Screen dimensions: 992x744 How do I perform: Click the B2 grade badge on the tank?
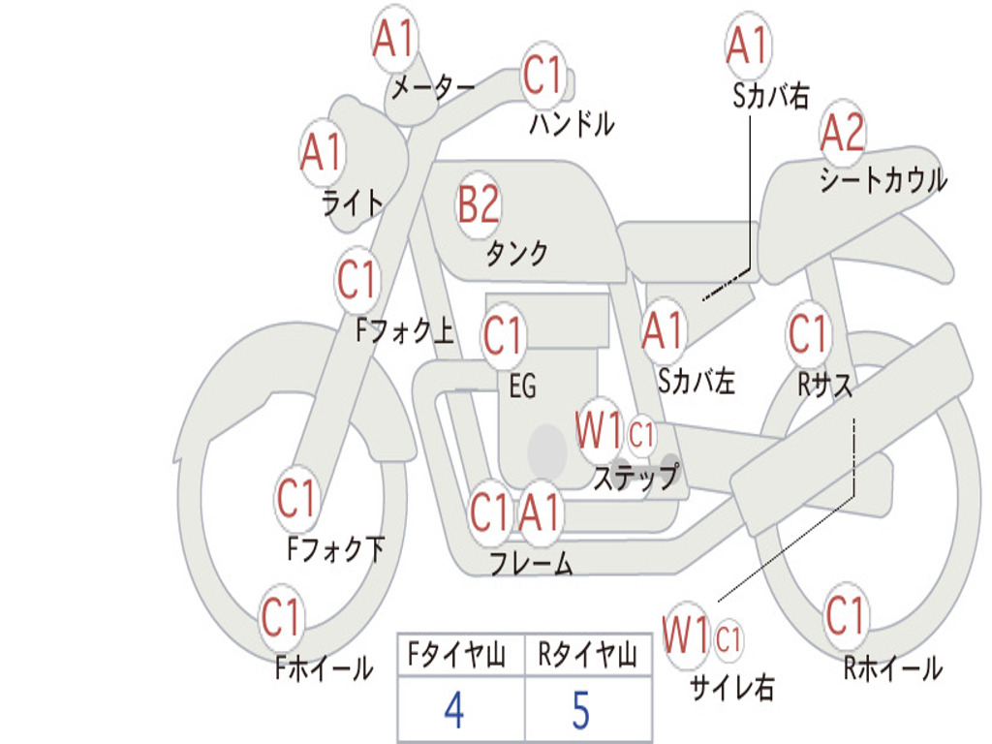tap(479, 204)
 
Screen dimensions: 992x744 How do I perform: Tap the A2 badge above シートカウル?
tap(842, 133)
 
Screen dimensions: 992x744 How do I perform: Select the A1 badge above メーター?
tap(393, 38)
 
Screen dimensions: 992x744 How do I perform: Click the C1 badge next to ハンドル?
tap(542, 74)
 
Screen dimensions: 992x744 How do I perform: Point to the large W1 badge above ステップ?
tap(599, 431)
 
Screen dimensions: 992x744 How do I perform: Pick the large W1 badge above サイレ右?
tap(687, 635)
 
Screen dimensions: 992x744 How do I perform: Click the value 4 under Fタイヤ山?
tap(454, 709)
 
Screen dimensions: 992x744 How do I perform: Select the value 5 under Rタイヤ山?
tap(581, 709)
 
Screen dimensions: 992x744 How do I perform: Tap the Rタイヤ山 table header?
tap(588, 655)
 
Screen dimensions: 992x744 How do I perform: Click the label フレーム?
tap(532, 563)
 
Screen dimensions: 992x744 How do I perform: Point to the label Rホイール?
tap(892, 668)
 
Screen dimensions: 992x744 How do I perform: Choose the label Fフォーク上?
tap(405, 329)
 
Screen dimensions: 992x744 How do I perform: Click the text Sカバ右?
tap(770, 96)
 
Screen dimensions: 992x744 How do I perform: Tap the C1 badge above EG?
tap(503, 334)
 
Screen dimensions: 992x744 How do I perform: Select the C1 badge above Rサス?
tap(808, 333)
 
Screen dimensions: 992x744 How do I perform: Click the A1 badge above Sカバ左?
tap(663, 331)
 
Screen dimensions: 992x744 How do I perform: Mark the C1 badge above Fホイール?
tap(280, 617)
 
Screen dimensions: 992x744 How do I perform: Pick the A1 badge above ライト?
tap(322, 152)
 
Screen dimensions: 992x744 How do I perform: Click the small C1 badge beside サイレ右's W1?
tap(728, 639)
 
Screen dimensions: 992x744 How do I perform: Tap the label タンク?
tap(516, 254)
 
